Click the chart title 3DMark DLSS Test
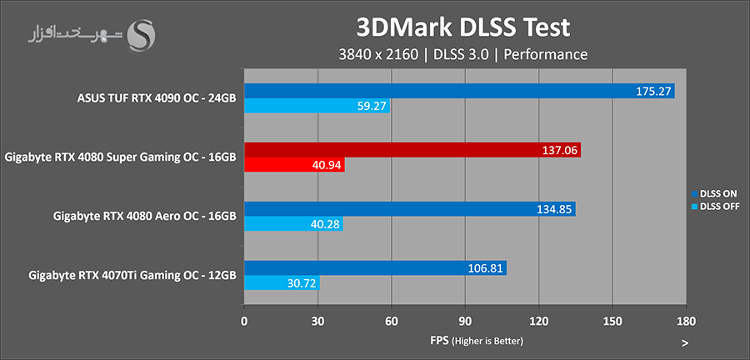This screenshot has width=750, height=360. pos(462,27)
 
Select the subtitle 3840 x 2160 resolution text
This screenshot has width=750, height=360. pos(372,54)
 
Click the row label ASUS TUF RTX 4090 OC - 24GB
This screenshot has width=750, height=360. pos(155,98)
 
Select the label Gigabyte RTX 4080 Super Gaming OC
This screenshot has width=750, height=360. pos(120,157)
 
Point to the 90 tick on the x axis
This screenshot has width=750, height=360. pos(465,321)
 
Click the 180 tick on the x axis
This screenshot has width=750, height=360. pos(686,321)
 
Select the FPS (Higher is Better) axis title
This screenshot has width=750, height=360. pos(465,341)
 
